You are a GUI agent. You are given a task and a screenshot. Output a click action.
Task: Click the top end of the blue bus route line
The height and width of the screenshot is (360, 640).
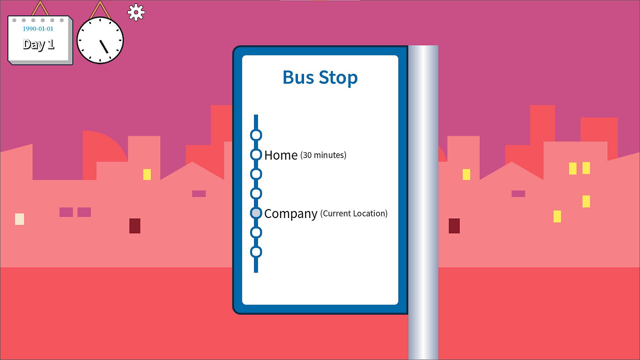256,115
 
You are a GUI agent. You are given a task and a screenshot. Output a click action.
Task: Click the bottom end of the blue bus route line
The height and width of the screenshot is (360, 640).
256,272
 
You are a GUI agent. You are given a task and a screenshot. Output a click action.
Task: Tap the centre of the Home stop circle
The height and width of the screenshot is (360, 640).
256,155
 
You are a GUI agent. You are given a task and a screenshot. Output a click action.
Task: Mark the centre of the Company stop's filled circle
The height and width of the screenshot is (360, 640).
256,213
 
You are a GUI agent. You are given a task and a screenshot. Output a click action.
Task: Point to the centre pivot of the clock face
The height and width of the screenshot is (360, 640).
100,40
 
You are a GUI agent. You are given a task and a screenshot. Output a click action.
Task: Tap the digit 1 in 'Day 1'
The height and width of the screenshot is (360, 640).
51,44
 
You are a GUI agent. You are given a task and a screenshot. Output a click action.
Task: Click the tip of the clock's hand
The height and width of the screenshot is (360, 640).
107,53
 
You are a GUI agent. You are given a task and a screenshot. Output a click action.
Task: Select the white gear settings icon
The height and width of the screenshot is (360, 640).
136,13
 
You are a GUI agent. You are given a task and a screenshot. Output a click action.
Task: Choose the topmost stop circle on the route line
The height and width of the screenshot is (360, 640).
256,135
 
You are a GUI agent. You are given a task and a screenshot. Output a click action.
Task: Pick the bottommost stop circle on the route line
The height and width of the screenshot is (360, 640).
256,252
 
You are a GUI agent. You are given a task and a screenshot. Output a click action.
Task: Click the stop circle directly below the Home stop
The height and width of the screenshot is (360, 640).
256,174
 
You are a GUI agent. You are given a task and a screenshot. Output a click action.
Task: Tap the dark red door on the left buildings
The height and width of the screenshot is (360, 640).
135,226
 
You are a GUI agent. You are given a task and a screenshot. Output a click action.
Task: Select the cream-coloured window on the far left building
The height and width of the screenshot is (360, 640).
20,219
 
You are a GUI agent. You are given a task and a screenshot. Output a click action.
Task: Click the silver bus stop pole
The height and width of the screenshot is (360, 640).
423,203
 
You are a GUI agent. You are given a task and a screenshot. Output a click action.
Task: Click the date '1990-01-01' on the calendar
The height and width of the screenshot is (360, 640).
38,29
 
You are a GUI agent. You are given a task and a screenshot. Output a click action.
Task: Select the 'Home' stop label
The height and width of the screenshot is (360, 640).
281,155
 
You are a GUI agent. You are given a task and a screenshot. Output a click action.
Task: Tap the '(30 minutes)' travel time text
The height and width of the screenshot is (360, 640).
323,155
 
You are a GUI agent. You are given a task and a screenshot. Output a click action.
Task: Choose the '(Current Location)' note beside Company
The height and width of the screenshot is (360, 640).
354,213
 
